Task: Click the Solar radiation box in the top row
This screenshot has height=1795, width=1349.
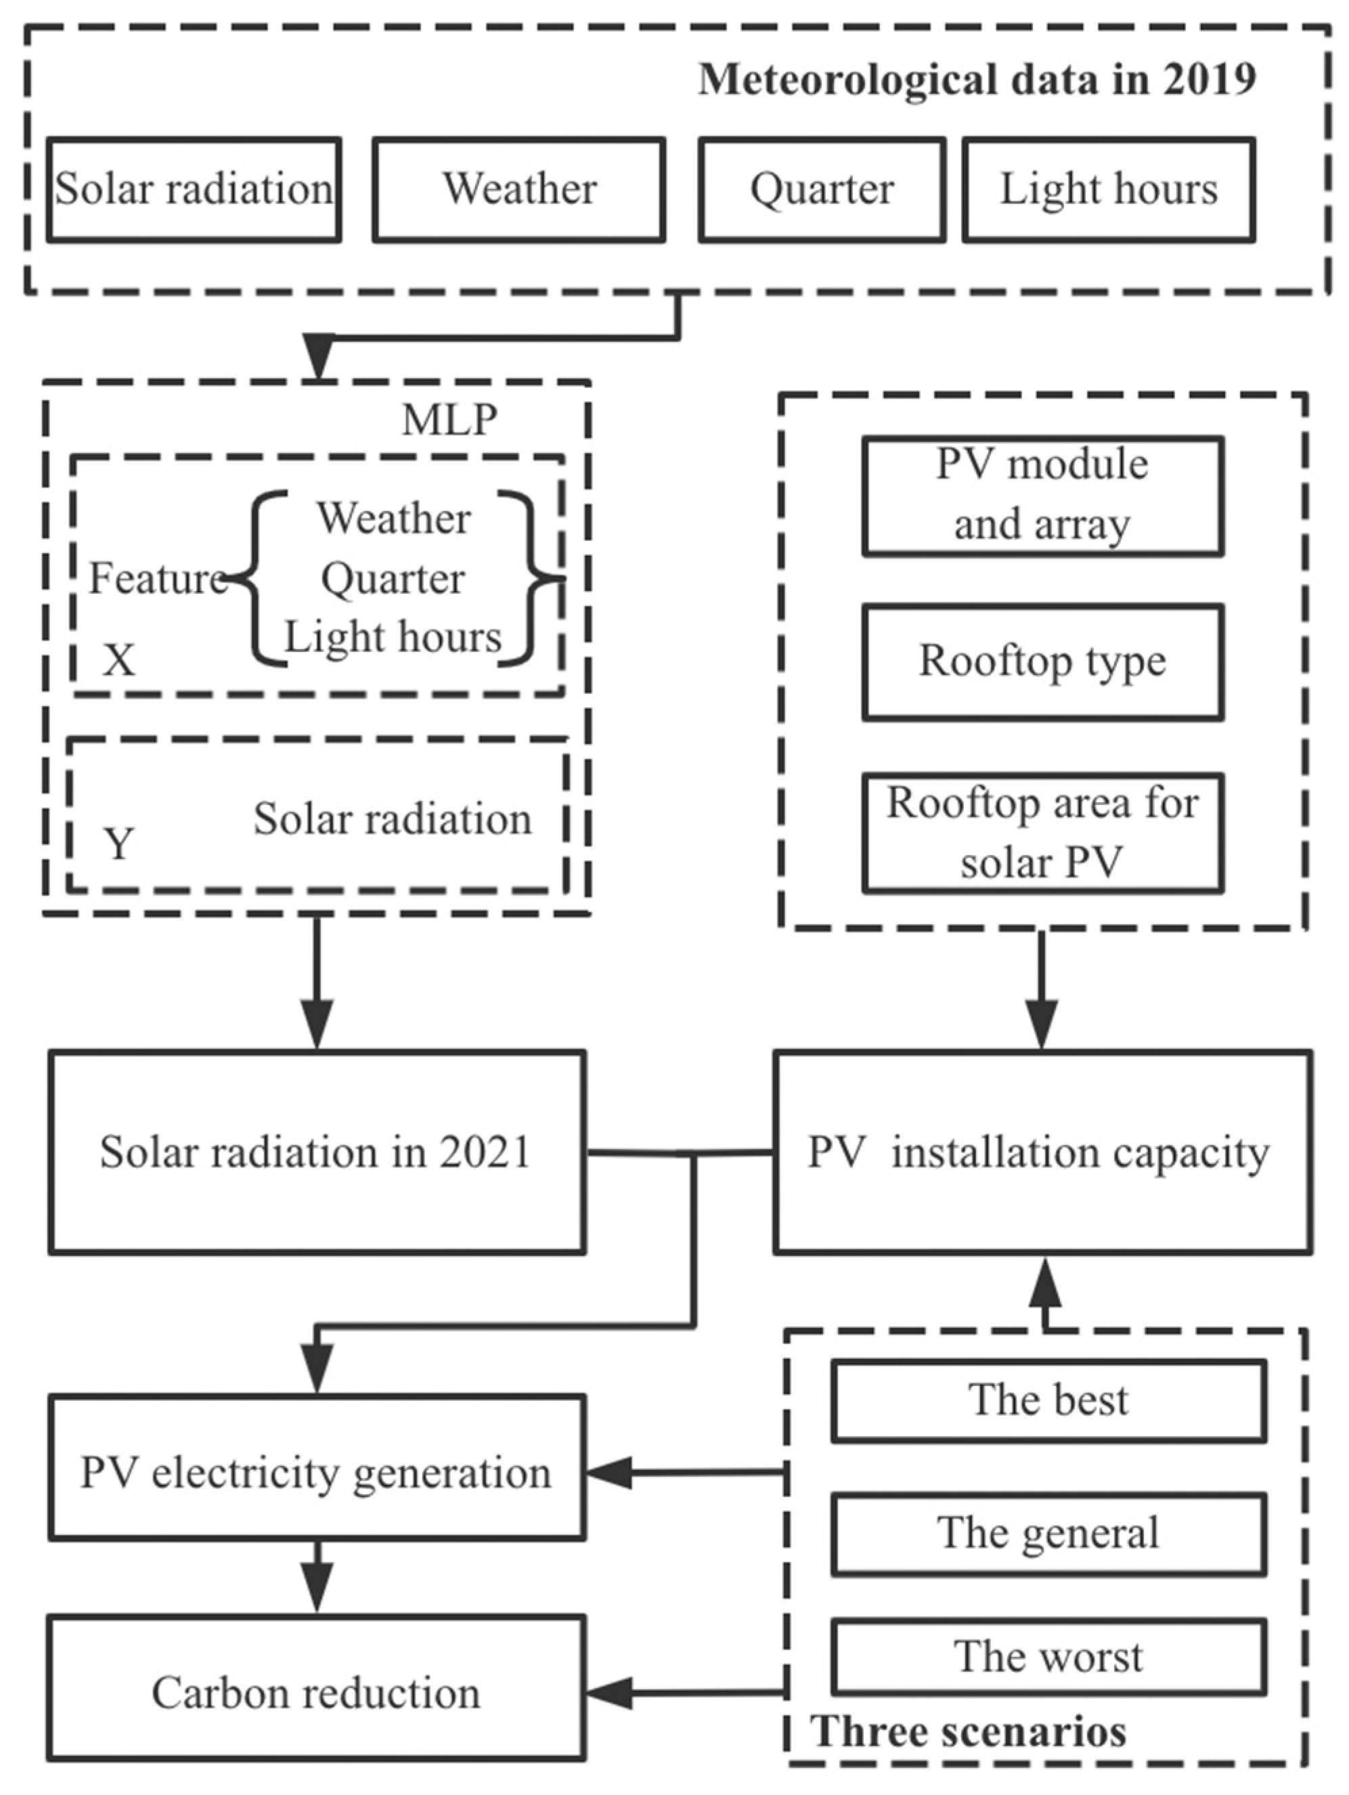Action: click(193, 190)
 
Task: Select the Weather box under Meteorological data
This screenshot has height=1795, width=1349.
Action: click(519, 190)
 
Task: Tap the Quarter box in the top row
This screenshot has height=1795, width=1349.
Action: click(822, 190)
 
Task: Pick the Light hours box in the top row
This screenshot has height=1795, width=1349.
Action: click(1109, 190)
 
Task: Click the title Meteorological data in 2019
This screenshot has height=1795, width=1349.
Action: click(977, 79)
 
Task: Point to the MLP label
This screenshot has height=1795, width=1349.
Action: click(449, 420)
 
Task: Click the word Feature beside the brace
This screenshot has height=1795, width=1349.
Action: click(156, 579)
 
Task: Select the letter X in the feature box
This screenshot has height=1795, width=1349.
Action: click(118, 659)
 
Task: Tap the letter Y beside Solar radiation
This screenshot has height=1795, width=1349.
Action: click(118, 844)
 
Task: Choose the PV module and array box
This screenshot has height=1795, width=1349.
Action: click(1042, 496)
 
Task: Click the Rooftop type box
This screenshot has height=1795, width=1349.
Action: click(1042, 662)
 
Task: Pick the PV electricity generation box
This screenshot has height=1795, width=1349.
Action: click(316, 1473)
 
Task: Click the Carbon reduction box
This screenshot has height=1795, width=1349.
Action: click(316, 1693)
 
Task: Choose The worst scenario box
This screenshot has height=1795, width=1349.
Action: click(1048, 1657)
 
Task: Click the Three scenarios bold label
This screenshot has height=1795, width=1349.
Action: click(969, 1731)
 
